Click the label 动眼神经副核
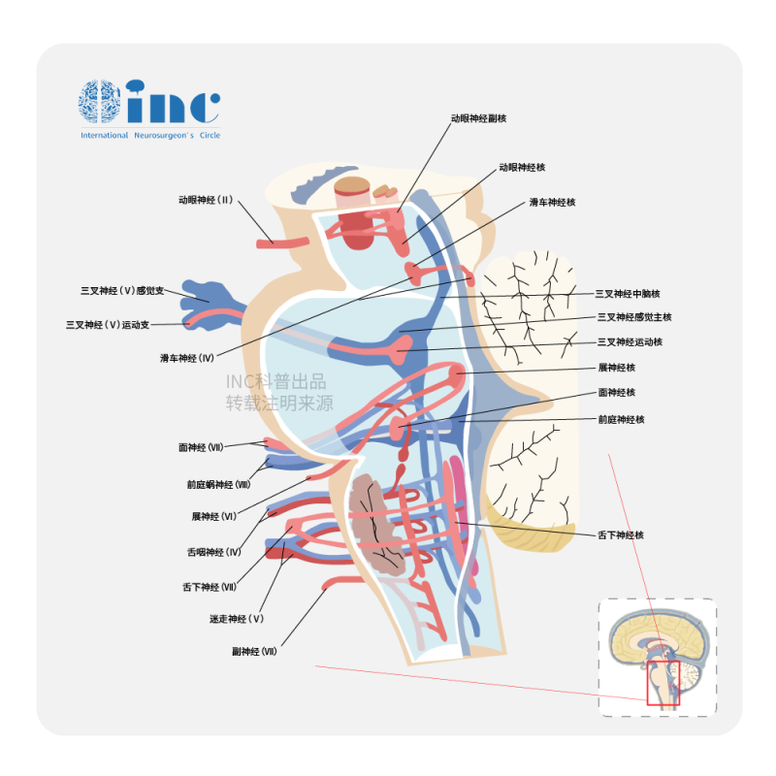pos(478,118)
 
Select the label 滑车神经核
pos(552,202)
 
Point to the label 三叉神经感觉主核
pos(634,317)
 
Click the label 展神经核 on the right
pos(616,368)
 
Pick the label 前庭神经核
pos(621,419)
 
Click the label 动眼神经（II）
pos(206,200)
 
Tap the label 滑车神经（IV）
pos(187,358)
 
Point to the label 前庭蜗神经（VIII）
pos(219,484)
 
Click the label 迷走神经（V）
pos(237,618)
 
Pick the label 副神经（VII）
pos(254,652)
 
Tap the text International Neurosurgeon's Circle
pos(150,135)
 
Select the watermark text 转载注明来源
pos(279,403)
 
